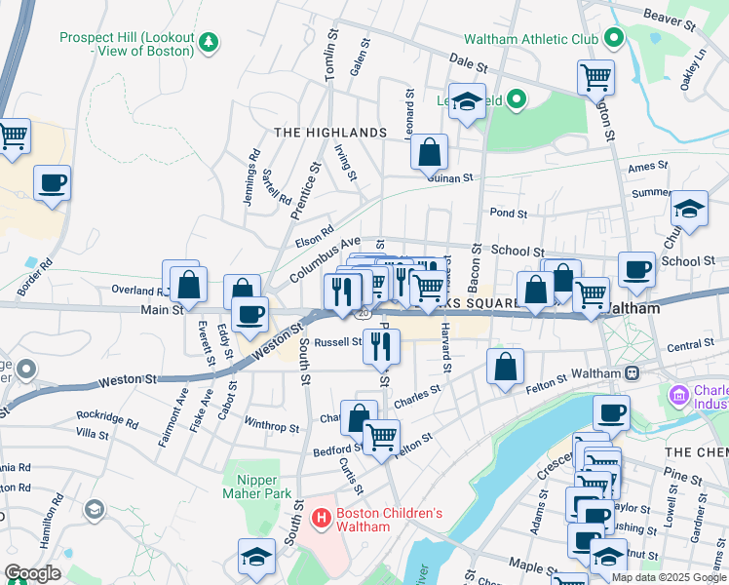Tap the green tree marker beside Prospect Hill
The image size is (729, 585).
(x=208, y=42)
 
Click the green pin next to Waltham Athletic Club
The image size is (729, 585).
(x=613, y=39)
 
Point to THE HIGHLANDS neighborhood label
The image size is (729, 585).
(x=330, y=132)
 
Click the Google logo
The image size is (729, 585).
(x=32, y=573)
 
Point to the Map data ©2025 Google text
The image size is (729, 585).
(x=668, y=577)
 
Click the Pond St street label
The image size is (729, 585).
(x=509, y=213)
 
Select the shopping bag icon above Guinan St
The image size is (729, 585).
(x=429, y=152)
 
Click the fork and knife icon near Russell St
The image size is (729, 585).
(x=381, y=344)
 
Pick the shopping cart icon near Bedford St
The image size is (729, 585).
(x=381, y=436)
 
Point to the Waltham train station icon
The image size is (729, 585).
(x=632, y=372)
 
